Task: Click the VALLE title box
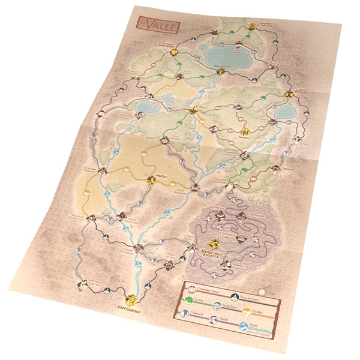coord(148,25)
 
